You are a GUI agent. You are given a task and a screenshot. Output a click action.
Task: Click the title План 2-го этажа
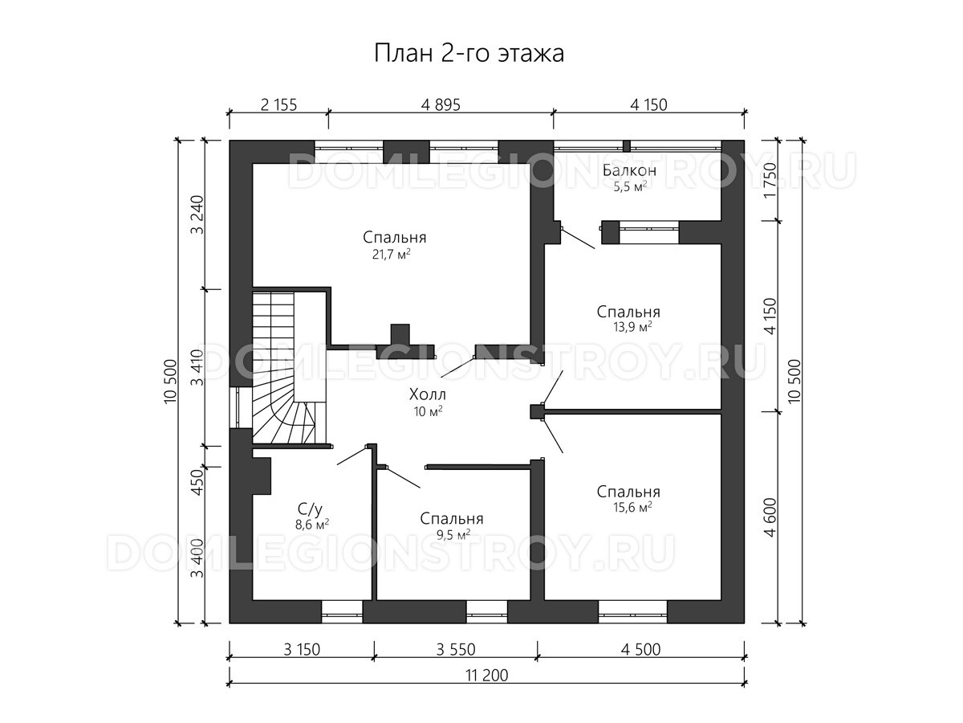[469, 54]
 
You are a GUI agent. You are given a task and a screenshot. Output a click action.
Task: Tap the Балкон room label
[629, 170]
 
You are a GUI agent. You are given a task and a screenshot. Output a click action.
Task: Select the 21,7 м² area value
[392, 254]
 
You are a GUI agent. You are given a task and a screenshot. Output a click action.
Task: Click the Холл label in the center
[427, 394]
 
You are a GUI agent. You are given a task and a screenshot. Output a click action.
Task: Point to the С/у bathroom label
[311, 509]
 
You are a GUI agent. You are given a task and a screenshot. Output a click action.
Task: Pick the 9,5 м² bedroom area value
[451, 536]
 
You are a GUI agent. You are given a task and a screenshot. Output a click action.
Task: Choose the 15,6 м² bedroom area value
[632, 508]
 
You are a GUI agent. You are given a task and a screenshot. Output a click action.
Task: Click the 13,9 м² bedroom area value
[632, 327]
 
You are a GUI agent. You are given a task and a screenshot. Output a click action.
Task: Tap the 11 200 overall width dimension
[486, 675]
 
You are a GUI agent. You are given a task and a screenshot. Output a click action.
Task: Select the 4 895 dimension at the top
[441, 105]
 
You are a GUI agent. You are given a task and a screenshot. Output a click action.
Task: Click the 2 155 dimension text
[278, 105]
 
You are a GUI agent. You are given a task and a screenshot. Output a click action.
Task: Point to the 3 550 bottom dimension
[455, 649]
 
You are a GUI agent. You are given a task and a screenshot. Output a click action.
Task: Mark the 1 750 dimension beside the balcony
[770, 181]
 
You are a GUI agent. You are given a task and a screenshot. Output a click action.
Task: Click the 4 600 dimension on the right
[770, 517]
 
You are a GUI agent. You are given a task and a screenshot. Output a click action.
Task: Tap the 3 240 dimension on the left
[198, 214]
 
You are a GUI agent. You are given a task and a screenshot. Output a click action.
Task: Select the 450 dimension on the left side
[198, 482]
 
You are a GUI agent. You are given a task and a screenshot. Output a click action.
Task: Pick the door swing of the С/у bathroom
[351, 455]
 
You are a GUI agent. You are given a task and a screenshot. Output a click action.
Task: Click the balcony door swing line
[579, 238]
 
